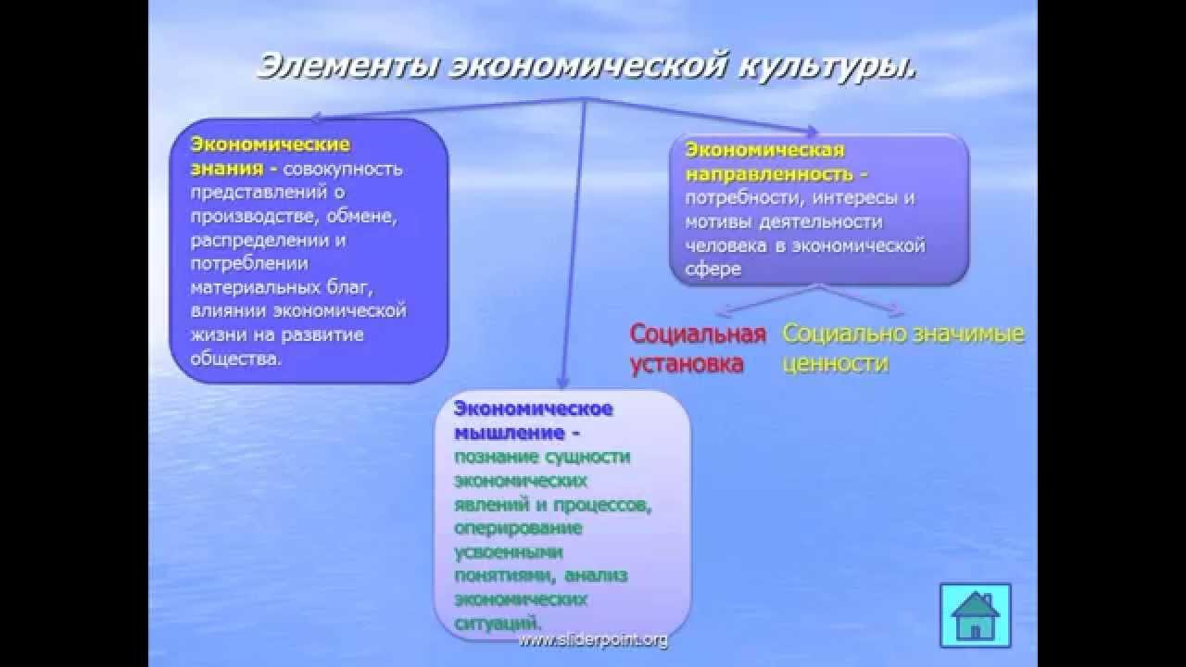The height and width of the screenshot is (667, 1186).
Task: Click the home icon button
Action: coord(975,614)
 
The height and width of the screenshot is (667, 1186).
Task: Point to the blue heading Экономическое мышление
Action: coord(533,421)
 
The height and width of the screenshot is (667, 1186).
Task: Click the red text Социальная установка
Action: coord(697,348)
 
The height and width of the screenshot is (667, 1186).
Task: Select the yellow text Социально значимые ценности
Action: coord(902,348)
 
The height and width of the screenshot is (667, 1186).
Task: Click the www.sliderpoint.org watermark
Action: coord(592,640)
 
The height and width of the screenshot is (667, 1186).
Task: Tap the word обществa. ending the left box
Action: coord(235,359)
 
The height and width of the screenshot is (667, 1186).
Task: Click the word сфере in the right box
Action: coord(713,270)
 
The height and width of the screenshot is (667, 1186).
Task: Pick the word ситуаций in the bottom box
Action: coord(498,623)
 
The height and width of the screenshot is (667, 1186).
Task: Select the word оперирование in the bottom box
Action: coord(518,528)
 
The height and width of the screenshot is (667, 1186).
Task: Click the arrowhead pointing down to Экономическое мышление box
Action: coord(561,381)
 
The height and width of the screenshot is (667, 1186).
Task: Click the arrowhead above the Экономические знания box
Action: coord(316,118)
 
